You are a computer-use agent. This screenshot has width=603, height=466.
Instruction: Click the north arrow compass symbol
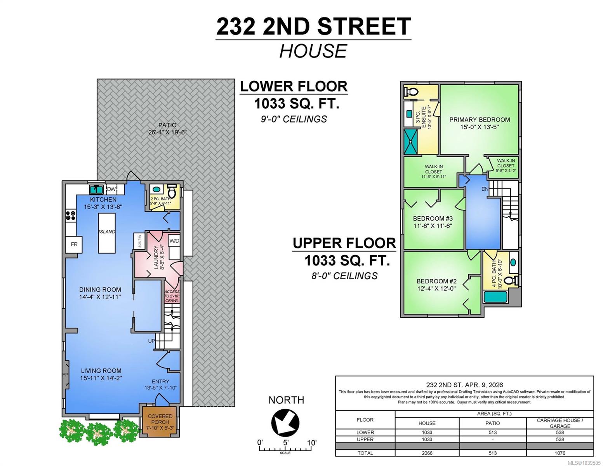click(x=285, y=423)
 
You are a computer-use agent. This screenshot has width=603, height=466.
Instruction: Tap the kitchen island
click(x=107, y=233)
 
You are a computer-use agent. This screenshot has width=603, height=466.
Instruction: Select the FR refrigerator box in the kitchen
click(x=73, y=245)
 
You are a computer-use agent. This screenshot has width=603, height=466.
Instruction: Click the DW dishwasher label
click(x=111, y=189)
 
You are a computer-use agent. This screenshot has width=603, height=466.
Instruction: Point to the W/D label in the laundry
click(x=174, y=241)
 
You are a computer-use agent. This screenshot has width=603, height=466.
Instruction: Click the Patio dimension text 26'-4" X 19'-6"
click(x=167, y=132)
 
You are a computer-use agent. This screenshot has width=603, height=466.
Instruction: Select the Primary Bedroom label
click(x=480, y=120)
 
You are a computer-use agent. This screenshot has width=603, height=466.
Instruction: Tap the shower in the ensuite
click(x=410, y=142)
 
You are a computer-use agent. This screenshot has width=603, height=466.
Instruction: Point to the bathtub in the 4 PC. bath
click(x=495, y=297)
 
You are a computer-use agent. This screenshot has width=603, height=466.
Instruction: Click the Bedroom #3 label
click(x=433, y=218)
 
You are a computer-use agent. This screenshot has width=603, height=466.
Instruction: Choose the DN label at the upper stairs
click(x=485, y=189)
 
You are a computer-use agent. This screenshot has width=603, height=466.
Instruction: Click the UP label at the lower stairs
click(x=151, y=341)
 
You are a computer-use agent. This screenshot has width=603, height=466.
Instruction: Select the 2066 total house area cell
click(x=427, y=453)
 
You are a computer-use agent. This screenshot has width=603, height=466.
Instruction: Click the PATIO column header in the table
click(x=492, y=423)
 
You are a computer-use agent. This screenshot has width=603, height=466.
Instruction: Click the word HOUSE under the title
click(x=313, y=51)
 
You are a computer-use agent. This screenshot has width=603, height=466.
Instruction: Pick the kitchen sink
click(x=96, y=190)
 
